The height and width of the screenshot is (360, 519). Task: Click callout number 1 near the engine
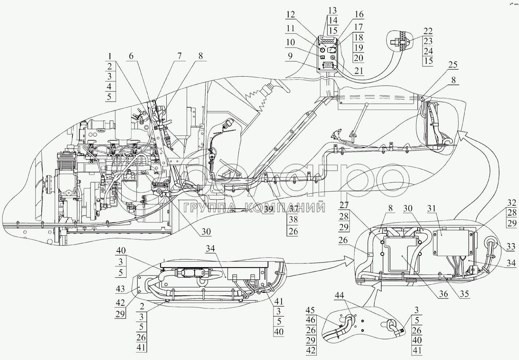click(x=109, y=57)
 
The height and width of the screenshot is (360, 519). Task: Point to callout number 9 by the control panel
click(x=289, y=56)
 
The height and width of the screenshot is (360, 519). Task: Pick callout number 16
click(x=359, y=15)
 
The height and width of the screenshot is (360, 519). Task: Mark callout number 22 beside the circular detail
click(x=428, y=31)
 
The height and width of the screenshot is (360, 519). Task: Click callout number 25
click(x=453, y=65)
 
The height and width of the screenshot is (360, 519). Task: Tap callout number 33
click(x=511, y=247)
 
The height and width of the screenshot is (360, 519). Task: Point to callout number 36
click(x=443, y=294)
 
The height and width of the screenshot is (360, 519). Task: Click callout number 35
click(x=464, y=294)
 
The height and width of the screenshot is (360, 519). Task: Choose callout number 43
click(x=120, y=289)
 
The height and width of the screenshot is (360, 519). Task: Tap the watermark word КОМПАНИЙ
click(x=284, y=207)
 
